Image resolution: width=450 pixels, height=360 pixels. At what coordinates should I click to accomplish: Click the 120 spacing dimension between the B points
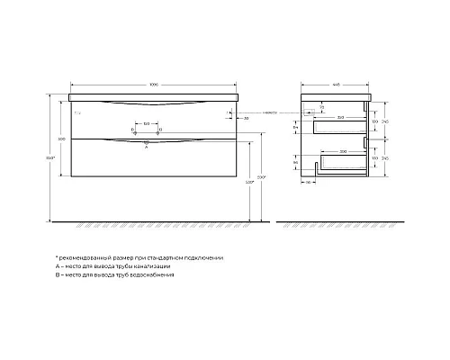(x=146, y=122)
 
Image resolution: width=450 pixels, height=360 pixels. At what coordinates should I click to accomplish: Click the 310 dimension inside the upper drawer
(x=340, y=117)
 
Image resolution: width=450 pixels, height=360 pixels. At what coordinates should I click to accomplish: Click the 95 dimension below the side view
(x=307, y=183)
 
